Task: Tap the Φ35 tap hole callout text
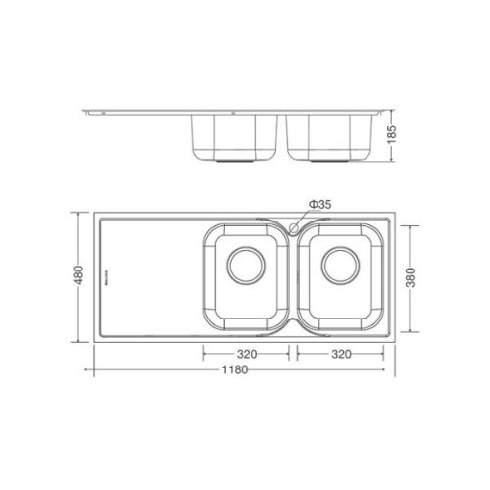[319, 203]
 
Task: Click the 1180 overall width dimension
[234, 370]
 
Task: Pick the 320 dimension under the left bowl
[245, 355]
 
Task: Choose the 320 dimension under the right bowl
[340, 355]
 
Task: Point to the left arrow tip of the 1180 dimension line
[95, 370]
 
